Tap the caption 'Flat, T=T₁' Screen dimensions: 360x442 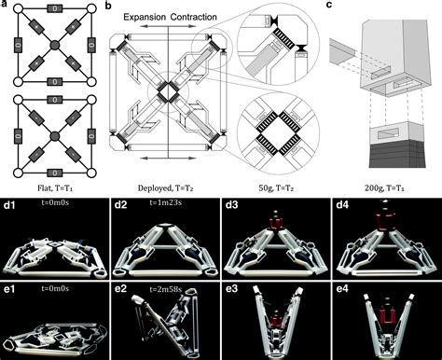[53, 187]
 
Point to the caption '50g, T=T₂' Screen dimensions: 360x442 [277, 187]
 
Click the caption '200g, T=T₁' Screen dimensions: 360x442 [385, 187]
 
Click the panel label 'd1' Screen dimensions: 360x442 [10, 204]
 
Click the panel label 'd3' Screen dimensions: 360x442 [232, 204]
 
